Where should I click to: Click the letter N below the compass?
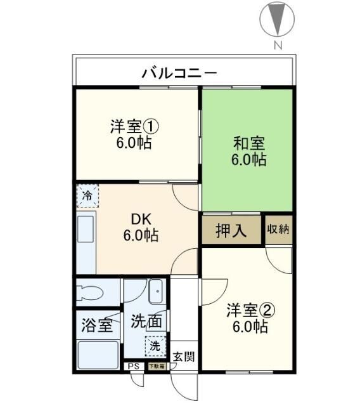(x=277, y=45)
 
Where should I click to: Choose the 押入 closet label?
(x=231, y=231)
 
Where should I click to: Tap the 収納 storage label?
(x=278, y=230)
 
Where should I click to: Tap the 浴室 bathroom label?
(x=97, y=325)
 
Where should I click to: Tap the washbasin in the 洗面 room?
(x=155, y=292)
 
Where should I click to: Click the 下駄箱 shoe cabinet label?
(x=155, y=367)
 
